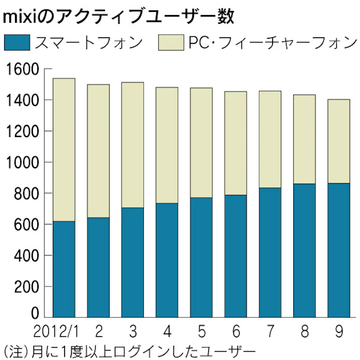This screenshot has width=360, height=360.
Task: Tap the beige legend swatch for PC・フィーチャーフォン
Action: [171, 42]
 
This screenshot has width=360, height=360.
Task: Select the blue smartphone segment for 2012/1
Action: [64, 269]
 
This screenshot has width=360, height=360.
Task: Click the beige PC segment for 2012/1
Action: [64, 150]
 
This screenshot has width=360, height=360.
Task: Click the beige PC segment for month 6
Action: [235, 143]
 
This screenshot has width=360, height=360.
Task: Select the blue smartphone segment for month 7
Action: [270, 252]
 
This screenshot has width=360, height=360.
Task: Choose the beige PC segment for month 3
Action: [133, 145]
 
